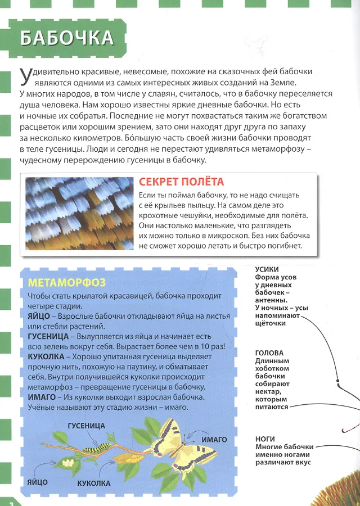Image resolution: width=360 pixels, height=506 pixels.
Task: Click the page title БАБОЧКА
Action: tap(67, 38)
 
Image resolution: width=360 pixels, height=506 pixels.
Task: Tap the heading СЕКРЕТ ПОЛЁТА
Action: tap(181, 182)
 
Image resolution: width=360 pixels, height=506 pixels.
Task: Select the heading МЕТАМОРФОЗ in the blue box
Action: tap(67, 282)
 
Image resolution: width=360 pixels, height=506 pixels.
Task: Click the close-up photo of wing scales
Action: tap(77, 214)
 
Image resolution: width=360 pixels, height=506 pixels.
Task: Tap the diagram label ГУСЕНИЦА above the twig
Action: tap(86, 426)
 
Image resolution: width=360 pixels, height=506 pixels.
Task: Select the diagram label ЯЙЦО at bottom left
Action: tap(37, 482)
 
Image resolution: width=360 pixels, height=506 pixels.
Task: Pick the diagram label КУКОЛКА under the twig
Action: tap(93, 483)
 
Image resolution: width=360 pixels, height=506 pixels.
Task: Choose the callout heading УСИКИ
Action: tap(267, 269)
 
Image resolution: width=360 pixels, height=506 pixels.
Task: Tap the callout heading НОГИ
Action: tap(264, 439)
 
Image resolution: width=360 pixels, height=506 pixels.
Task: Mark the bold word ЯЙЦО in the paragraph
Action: tap(39, 317)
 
